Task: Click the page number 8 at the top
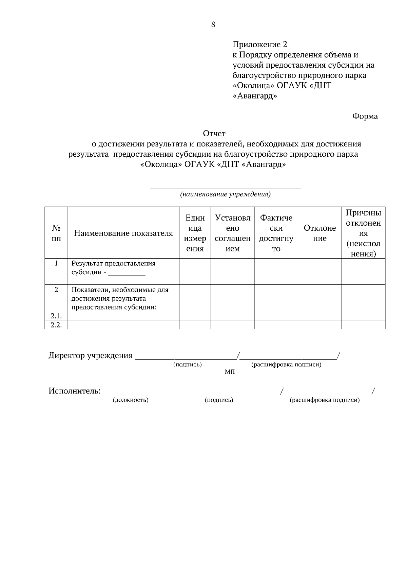213,24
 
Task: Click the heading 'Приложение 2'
260,45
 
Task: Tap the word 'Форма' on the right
365,116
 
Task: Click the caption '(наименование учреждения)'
225,195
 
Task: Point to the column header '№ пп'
56,233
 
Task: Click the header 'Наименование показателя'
123,233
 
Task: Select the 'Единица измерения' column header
195,233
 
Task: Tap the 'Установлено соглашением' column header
233,233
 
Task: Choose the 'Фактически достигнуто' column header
276,233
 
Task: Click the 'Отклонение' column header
320,233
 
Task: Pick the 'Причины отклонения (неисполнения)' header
363,233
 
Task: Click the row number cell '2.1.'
56,316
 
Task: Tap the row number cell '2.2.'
56,325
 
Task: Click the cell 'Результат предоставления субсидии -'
113,268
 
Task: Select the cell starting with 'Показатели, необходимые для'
120,298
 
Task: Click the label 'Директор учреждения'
90,356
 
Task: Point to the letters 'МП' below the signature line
230,372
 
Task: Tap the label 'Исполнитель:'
75,391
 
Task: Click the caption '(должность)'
131,400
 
